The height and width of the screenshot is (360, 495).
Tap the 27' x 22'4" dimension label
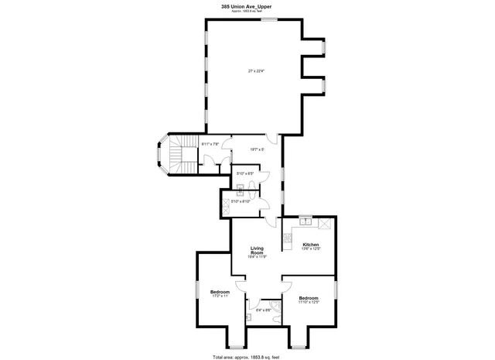click(x=256, y=71)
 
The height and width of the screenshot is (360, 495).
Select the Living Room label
click(x=257, y=252)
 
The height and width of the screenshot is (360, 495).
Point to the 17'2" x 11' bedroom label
click(x=220, y=293)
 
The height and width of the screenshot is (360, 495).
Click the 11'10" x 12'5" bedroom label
click(x=309, y=300)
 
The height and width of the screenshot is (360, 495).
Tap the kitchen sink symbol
click(x=306, y=221)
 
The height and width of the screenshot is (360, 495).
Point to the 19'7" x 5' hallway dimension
click(x=258, y=149)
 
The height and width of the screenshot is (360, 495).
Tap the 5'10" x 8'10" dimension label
click(x=246, y=201)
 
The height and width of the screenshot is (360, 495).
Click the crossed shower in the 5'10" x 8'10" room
click(x=227, y=204)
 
